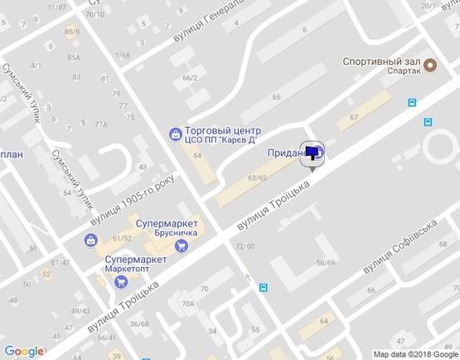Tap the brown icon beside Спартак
click(x=429, y=65)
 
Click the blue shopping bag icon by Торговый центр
click(x=175, y=133)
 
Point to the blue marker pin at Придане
click(x=314, y=153)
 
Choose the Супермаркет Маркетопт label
click(x=137, y=265)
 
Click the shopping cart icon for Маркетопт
click(x=122, y=280)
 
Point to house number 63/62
click(x=257, y=178)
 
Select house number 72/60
click(x=245, y=246)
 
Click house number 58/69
click(x=325, y=263)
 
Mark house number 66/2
click(x=190, y=78)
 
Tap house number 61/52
click(x=123, y=239)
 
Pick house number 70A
click(x=187, y=304)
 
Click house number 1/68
click(x=123, y=56)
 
